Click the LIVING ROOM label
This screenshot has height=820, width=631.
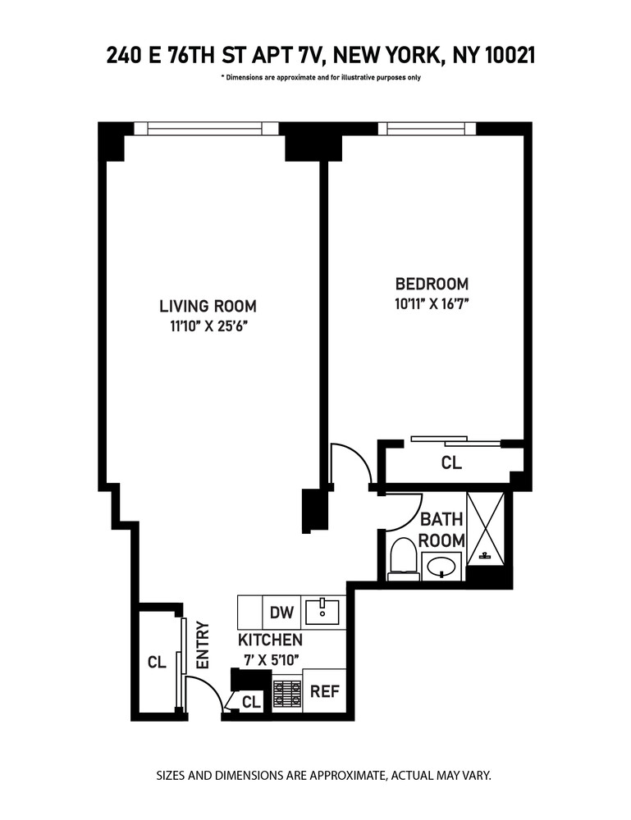[208, 307]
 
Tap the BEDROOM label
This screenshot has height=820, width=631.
[432, 285]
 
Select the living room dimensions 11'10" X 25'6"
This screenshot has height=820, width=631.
[208, 327]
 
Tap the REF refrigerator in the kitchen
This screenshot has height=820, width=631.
[324, 691]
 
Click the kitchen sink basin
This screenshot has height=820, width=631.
[323, 609]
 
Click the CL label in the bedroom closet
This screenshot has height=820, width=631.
[451, 463]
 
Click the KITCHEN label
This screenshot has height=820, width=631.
[270, 640]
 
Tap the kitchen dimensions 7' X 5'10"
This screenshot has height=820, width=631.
[270, 658]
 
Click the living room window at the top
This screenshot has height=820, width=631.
[207, 128]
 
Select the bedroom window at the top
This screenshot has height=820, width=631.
[427, 128]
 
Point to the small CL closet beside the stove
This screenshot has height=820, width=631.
[251, 702]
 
